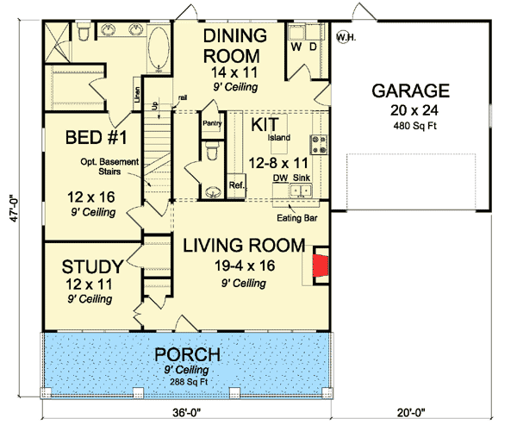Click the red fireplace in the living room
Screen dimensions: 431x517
click(x=320, y=265)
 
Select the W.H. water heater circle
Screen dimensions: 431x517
click(x=346, y=37)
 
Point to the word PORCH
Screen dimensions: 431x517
click(x=187, y=355)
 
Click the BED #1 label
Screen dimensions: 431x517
click(x=87, y=138)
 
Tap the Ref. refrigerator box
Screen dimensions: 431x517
click(x=237, y=185)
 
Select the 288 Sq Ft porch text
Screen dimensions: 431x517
click(x=187, y=382)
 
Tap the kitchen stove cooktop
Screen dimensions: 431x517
click(x=319, y=144)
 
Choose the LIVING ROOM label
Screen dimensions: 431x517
click(x=244, y=247)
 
